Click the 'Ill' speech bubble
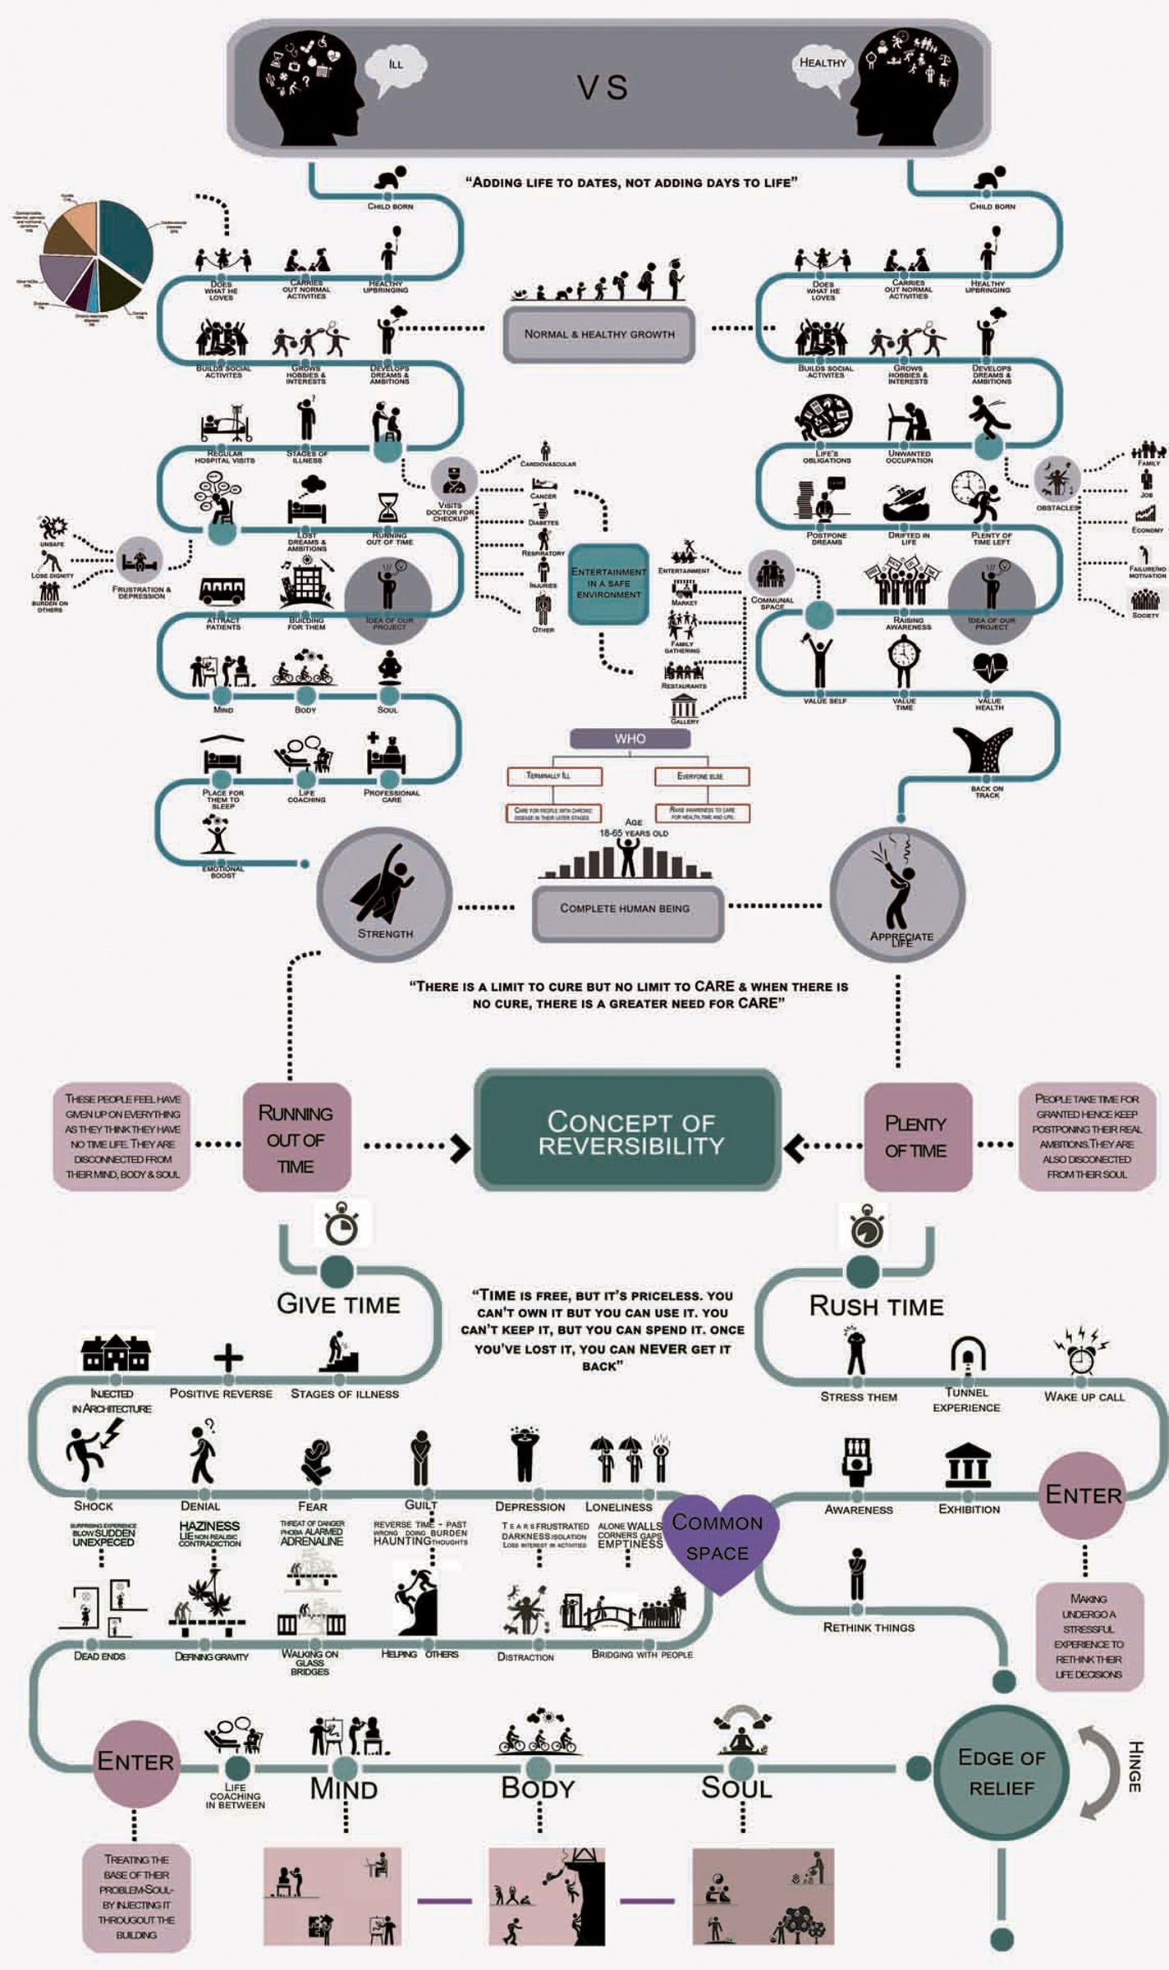pyautogui.click(x=396, y=66)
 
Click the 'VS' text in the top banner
pyautogui.click(x=603, y=88)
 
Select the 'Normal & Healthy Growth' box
pyautogui.click(x=599, y=334)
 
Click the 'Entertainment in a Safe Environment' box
pyautogui.click(x=608, y=583)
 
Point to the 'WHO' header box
pyautogui.click(x=630, y=739)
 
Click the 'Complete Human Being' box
pyautogui.click(x=625, y=909)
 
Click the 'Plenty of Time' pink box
pyautogui.click(x=916, y=1137)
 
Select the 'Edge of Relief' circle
pyautogui.click(x=1001, y=1772)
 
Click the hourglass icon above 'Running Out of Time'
pyautogui.click(x=388, y=507)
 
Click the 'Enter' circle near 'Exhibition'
pyautogui.click(x=1084, y=1495)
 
